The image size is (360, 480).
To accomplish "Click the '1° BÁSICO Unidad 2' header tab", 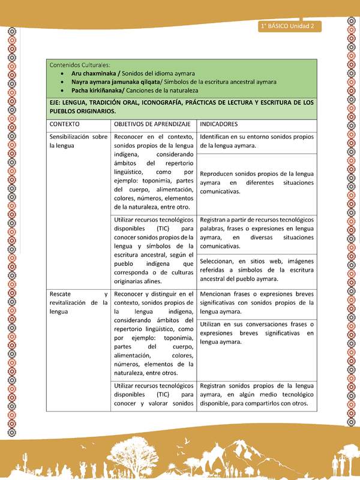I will point(290,26).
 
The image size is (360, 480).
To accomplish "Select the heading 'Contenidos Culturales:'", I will point(79,64).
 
